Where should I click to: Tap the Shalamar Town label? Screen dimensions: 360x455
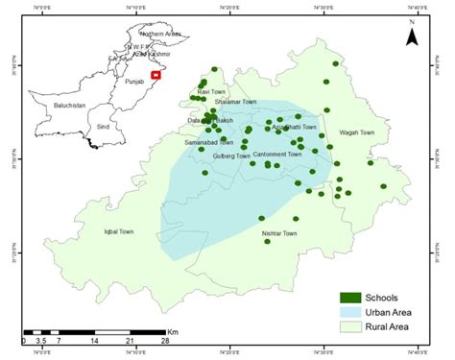[x=236, y=102]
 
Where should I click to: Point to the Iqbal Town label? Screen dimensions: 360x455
[x=122, y=230]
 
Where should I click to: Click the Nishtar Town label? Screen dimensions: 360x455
[x=279, y=233]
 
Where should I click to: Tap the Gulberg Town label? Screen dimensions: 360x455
[x=230, y=156]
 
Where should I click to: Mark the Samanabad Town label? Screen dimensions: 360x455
[x=208, y=142]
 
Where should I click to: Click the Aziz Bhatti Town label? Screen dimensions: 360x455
[x=295, y=127]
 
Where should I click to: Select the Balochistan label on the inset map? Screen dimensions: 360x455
[x=69, y=105]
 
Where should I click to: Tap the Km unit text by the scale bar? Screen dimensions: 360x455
[x=174, y=331]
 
